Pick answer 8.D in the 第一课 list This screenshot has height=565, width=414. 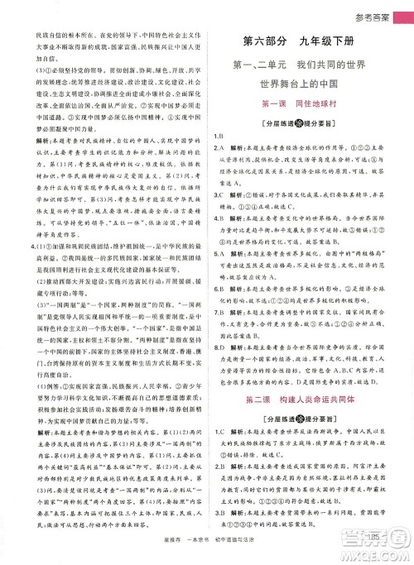pos(218,325)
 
